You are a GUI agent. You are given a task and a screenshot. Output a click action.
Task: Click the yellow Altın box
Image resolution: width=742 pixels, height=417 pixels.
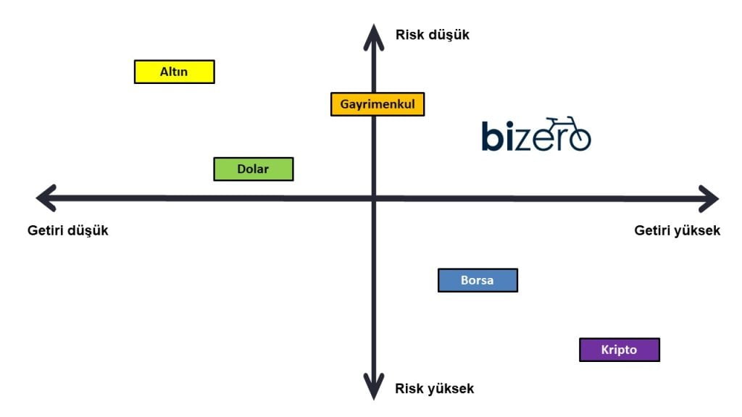coord(174,72)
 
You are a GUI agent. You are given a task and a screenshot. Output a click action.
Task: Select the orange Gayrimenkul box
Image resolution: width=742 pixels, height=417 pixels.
coord(377,104)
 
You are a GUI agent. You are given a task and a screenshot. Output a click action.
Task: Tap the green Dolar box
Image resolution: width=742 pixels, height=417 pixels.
coord(253,169)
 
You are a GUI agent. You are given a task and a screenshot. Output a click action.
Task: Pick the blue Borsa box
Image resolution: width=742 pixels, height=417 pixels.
coord(478,280)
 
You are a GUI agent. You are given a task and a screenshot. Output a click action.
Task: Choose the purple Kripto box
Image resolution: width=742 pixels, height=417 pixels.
coord(620,350)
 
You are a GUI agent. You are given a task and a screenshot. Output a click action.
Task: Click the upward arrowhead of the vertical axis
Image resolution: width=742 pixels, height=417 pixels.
coord(373,33)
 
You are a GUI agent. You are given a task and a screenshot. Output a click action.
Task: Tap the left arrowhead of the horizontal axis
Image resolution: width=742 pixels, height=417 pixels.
coord(45,198)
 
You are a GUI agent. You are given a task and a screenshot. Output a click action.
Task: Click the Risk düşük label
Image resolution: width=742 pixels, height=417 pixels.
coord(432,34)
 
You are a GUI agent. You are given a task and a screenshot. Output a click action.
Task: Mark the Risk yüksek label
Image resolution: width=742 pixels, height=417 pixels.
coord(434,389)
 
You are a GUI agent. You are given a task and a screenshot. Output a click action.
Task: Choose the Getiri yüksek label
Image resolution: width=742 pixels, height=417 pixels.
coord(677,230)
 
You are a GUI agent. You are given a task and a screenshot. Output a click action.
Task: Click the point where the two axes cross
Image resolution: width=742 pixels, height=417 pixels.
coord(373,198)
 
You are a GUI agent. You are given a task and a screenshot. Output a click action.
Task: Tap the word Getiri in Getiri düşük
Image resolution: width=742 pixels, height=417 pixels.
coord(45,230)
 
